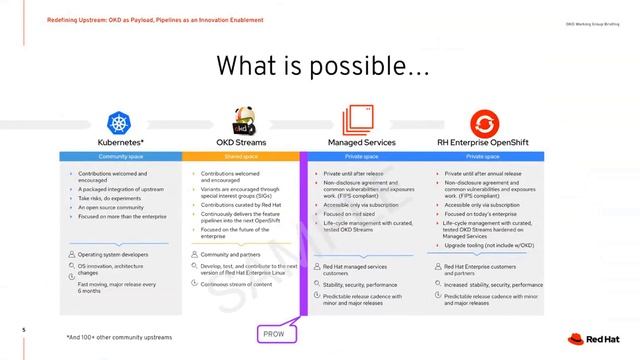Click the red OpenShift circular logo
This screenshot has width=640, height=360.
coord(483,123)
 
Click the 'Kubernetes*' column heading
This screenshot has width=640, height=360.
coord(120,144)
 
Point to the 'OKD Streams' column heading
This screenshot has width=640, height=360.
coord(240,144)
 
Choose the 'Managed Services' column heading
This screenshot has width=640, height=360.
coord(361,144)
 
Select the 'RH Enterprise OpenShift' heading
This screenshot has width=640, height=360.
coord(483,144)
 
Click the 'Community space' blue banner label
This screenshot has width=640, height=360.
coord(120,157)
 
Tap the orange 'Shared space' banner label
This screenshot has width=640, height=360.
coord(241,157)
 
